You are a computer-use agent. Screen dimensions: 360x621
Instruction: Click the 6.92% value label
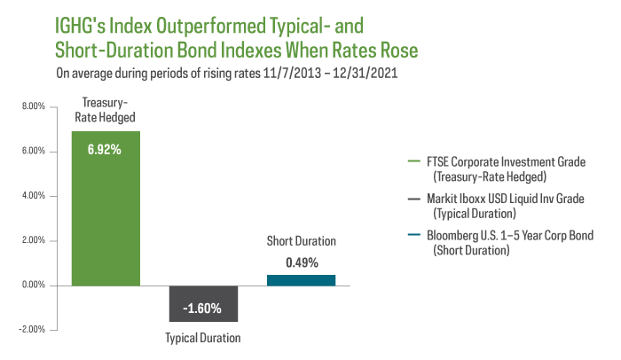coord(105,149)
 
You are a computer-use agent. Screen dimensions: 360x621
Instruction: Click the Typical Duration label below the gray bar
coord(203,338)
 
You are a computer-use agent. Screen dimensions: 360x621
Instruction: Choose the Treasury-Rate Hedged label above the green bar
coord(105,109)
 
